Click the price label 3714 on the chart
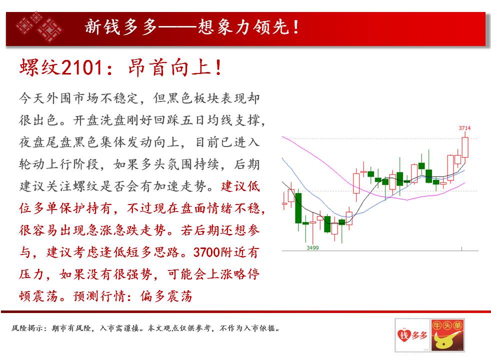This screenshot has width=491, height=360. pyautogui.click(x=464, y=128)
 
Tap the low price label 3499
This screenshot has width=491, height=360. pyautogui.click(x=312, y=248)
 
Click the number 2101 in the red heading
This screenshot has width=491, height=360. pyautogui.click(x=82, y=67)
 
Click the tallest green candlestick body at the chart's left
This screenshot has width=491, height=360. pyautogui.click(x=298, y=208)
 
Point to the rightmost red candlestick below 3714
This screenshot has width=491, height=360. pyautogui.click(x=465, y=147)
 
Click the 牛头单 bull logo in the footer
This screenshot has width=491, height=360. pyautogui.click(x=447, y=335)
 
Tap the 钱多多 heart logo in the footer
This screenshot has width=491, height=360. pyautogui.click(x=412, y=335)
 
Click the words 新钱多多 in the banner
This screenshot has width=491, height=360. pyautogui.click(x=121, y=26)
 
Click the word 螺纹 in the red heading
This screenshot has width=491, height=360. pyautogui.click(x=40, y=67)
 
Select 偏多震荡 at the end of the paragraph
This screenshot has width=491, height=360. pyautogui.click(x=166, y=296)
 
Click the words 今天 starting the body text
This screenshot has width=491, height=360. pyautogui.click(x=32, y=98)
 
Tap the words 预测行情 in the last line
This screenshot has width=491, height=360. pyautogui.click(x=99, y=296)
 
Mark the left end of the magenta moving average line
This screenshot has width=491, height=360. pyautogui.click(x=282, y=137)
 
